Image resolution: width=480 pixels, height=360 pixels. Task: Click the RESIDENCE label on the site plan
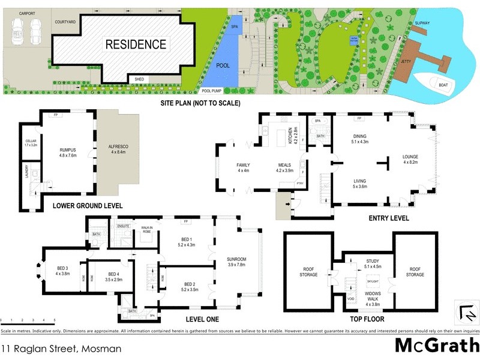(136, 44)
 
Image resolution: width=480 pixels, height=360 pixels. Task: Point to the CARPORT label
(27, 13)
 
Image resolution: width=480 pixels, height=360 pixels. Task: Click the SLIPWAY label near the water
(422, 22)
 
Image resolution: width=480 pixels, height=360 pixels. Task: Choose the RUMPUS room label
(67, 151)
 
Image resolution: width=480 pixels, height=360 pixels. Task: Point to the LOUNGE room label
(410, 159)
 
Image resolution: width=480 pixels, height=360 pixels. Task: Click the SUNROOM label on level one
(237, 262)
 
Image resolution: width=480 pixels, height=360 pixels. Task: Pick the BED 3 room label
(64, 269)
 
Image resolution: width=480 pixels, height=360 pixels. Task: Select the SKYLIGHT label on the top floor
(372, 280)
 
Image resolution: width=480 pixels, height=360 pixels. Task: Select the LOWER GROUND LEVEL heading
(88, 205)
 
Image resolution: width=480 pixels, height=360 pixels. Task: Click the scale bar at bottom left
(28, 322)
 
